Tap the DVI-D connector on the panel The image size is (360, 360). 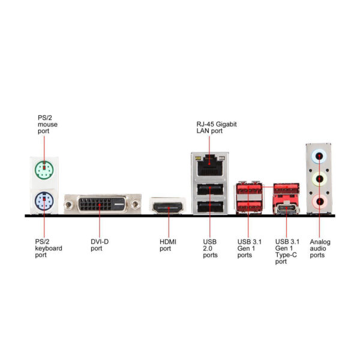pyautogui.click(x=103, y=205)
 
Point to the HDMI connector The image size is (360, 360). pyautogui.click(x=168, y=208)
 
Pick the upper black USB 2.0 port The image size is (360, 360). pyautogui.click(x=209, y=191)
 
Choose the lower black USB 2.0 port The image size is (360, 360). pyautogui.click(x=209, y=207)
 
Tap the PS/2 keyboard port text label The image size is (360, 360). pyautogui.click(x=48, y=248)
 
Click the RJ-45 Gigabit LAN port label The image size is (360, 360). pyautogui.click(x=216, y=127)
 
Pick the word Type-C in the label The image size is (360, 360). pyautogui.click(x=285, y=254)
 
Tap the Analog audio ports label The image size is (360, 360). pyautogui.click(x=319, y=248)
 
